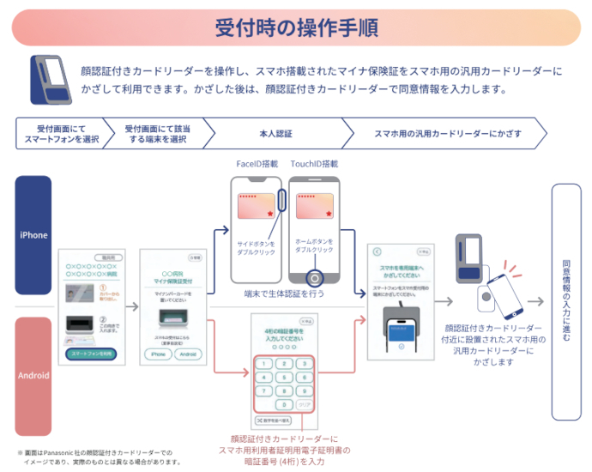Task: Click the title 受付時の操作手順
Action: point(295,27)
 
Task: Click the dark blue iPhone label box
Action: point(33,234)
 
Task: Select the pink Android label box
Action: point(33,375)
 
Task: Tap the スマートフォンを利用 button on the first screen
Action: point(91,354)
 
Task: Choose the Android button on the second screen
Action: point(189,354)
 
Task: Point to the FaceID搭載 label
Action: point(257,164)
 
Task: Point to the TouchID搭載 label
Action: point(314,164)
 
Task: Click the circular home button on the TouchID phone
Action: point(315,278)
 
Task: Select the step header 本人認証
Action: point(275,135)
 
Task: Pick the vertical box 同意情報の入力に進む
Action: point(566,301)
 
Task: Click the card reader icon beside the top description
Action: point(50,79)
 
